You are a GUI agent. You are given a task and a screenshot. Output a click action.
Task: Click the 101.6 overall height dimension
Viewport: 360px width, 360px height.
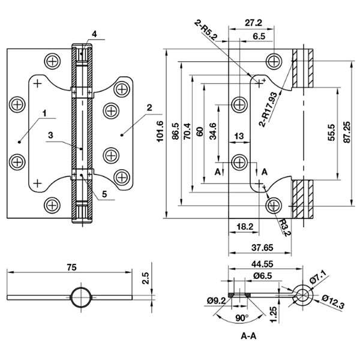tap(160, 131)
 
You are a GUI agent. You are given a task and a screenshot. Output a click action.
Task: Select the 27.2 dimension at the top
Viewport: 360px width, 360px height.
tap(253, 23)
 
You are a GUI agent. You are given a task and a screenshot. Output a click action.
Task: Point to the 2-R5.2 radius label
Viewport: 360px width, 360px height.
tap(205, 31)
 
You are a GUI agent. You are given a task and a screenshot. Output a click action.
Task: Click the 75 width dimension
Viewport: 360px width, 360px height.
tap(71, 267)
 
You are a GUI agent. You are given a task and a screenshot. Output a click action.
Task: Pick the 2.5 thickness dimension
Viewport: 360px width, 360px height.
tap(146, 278)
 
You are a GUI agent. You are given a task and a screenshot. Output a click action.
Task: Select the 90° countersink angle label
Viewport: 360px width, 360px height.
tap(242, 318)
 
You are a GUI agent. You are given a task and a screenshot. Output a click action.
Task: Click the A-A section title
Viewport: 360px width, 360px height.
tap(248, 336)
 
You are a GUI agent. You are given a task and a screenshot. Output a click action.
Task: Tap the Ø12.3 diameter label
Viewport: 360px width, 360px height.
tap(333, 302)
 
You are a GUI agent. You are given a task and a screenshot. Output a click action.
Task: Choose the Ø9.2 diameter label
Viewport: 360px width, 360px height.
tap(216, 301)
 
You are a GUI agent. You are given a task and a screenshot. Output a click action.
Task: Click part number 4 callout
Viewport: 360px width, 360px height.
tap(94, 34)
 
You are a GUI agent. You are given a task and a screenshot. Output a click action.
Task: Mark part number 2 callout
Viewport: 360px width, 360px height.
tap(149, 107)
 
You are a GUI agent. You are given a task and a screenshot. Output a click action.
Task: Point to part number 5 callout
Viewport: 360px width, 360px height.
tap(104, 194)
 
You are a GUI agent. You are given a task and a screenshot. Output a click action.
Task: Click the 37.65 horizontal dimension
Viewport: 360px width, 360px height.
tap(262, 248)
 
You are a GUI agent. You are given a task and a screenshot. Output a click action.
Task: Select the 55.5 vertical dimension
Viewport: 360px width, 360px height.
tap(332, 133)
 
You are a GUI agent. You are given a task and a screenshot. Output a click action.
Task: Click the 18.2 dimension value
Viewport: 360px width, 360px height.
tap(245, 227)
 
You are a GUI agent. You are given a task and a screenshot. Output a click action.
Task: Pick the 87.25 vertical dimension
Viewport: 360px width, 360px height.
tap(347, 132)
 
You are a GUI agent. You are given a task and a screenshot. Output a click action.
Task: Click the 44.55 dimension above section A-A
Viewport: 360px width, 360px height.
tap(262, 264)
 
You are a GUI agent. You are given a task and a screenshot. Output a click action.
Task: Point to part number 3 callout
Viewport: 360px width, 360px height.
tap(50, 135)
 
